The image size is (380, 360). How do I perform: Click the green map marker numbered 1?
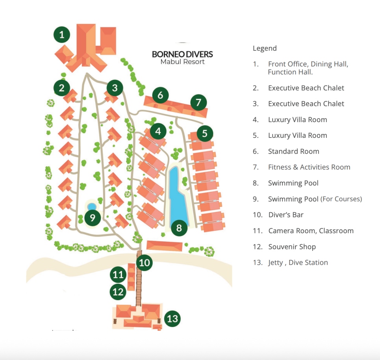tap(62, 35)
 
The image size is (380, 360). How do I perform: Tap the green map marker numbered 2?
tap(62, 88)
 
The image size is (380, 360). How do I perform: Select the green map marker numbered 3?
tap(115, 88)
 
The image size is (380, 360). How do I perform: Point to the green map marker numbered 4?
tap(158, 131)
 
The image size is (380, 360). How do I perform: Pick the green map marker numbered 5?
tap(204, 133)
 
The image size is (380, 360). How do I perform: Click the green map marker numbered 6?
tap(160, 95)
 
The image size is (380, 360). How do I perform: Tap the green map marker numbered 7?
tap(198, 103)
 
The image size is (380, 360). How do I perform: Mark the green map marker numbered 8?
tap(179, 228)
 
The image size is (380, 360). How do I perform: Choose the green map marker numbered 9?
tap(93, 217)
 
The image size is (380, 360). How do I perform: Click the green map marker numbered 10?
tap(145, 262)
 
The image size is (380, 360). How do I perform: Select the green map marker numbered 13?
tap(172, 318)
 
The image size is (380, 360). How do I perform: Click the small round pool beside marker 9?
tap(92, 206)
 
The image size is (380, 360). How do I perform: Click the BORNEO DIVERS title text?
tap(182, 54)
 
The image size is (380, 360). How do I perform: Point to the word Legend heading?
tap(265, 48)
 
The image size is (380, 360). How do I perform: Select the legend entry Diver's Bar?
tap(285, 215)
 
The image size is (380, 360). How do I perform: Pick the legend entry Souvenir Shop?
tap(292, 247)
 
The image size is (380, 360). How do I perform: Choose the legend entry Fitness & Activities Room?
tap(309, 167)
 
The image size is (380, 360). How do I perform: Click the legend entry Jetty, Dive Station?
tap(298, 262)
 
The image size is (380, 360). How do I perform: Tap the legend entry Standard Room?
tap(293, 151)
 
